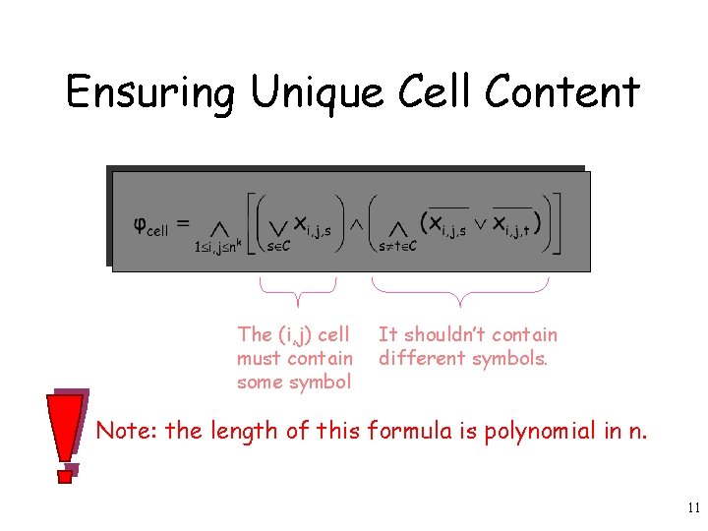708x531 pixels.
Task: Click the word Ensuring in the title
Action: coord(150,93)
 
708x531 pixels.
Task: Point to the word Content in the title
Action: coord(561,93)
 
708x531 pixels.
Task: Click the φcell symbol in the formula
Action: coord(150,225)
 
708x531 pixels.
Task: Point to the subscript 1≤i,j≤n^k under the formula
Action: coord(223,246)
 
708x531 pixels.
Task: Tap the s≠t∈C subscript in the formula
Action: coord(397,246)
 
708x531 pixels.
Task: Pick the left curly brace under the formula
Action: coord(297,291)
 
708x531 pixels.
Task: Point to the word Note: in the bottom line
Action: coord(128,431)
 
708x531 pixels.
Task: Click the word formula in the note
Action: coord(404,431)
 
